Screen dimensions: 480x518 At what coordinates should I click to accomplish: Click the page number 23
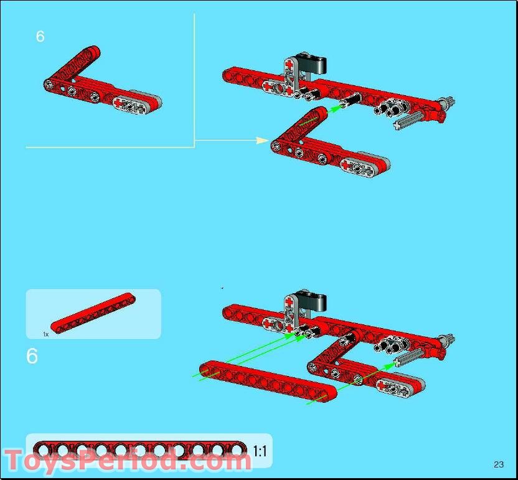pyautogui.click(x=498, y=464)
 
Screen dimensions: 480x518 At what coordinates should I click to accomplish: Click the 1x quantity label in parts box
pyautogui.click(x=46, y=334)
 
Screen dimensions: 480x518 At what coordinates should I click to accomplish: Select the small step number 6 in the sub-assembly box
pyautogui.click(x=40, y=37)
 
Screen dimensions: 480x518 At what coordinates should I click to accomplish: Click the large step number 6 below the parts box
pyautogui.click(x=32, y=356)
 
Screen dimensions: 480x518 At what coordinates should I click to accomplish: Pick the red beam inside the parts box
pyautogui.click(x=93, y=312)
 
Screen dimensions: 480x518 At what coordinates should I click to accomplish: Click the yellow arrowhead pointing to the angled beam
pyautogui.click(x=262, y=141)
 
